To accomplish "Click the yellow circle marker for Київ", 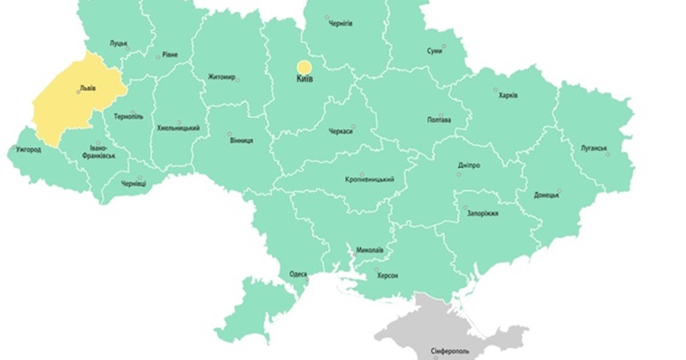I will coord(304,67).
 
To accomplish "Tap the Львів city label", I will coord(87,88).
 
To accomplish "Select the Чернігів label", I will coord(340,24).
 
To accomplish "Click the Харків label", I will coord(508,95).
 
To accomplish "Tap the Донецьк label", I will coord(546,195).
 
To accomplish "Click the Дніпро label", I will coord(469,165).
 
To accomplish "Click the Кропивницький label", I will coord(369,179).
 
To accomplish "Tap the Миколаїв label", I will coord(369,251).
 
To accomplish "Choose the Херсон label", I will coord(387,276).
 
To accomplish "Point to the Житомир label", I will coord(221,78).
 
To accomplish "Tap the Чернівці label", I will coord(134,183).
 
